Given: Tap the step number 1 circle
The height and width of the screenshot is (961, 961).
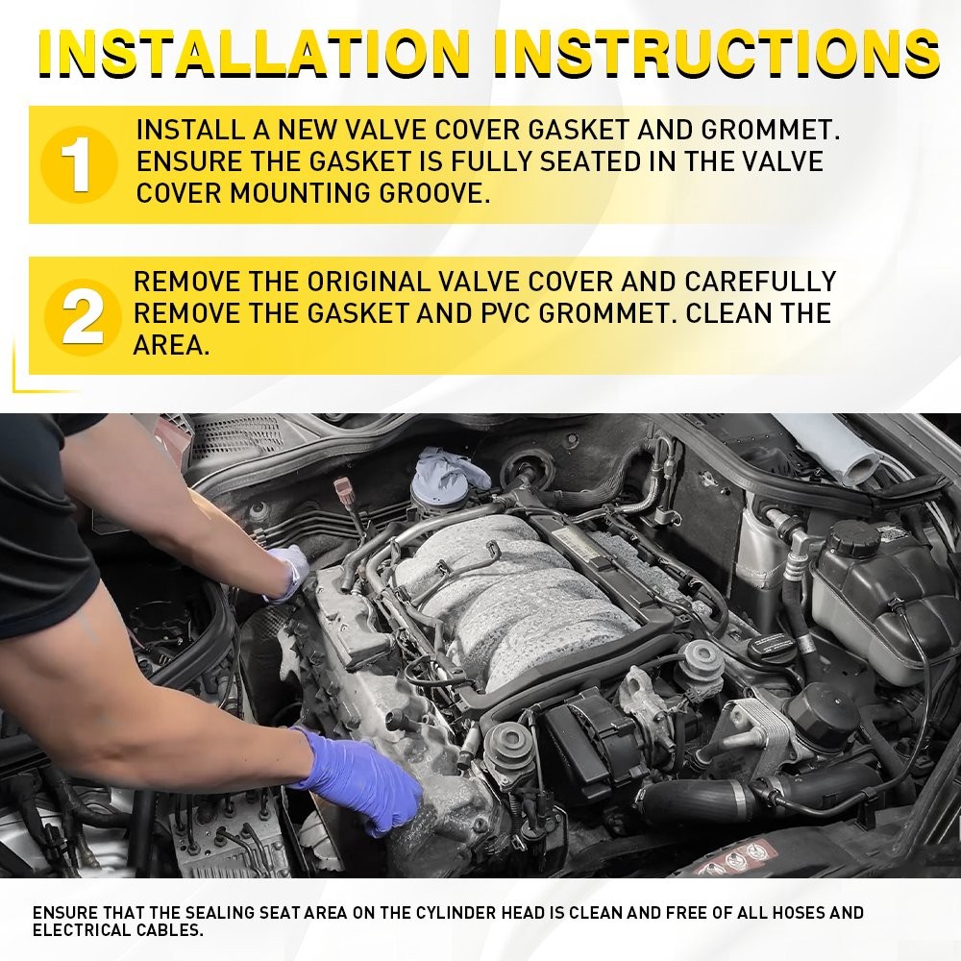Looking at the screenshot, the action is (x=79, y=164).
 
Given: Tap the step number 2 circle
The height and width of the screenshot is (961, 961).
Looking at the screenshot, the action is (x=82, y=317).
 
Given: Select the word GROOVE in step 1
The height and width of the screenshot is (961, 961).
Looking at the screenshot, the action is (x=434, y=194).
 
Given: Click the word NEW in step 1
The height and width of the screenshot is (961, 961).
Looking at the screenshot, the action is (x=308, y=130).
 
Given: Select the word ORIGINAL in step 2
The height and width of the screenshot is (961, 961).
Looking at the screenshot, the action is (x=368, y=282).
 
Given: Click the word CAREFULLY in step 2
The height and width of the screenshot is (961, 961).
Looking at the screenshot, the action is (x=760, y=282).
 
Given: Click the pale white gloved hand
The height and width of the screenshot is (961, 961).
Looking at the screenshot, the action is (x=288, y=571).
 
